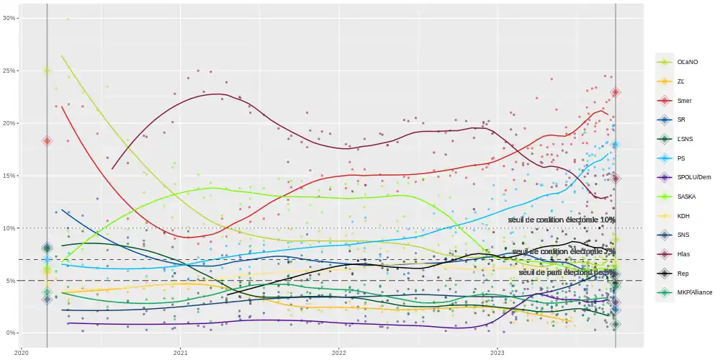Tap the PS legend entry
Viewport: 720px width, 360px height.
click(680, 158)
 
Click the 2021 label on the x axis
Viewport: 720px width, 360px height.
click(181, 353)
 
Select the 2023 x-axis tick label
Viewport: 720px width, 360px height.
click(498, 353)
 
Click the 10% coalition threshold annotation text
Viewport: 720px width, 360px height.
click(562, 220)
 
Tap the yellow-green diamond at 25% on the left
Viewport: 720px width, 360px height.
click(47, 71)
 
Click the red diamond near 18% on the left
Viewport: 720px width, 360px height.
click(47, 141)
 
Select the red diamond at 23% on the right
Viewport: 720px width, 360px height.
click(616, 92)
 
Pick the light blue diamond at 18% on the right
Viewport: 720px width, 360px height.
click(616, 145)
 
